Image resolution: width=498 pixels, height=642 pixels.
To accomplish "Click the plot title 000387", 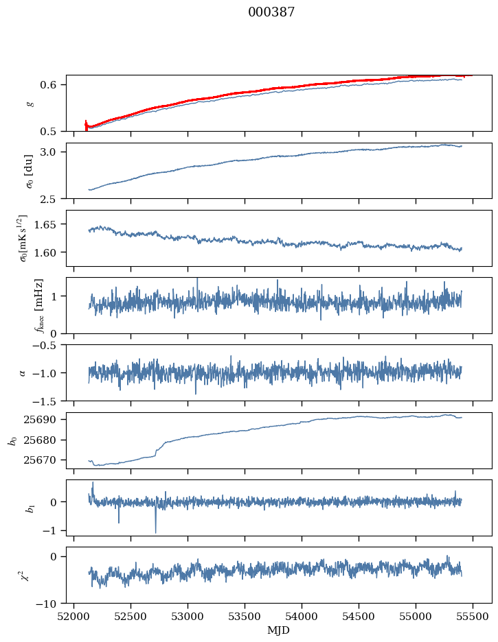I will (271, 12).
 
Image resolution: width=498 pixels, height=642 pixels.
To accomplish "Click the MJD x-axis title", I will (279, 630).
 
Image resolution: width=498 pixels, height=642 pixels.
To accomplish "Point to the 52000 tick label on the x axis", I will (75, 616).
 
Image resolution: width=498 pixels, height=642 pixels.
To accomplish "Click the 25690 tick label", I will (48, 419).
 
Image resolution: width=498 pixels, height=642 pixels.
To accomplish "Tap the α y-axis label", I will (23, 372).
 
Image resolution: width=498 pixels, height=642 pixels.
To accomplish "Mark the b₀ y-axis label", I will (12, 440).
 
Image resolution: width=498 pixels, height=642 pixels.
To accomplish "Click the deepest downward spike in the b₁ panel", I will (155, 532).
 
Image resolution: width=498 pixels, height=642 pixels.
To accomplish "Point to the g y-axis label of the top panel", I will (30, 103).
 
